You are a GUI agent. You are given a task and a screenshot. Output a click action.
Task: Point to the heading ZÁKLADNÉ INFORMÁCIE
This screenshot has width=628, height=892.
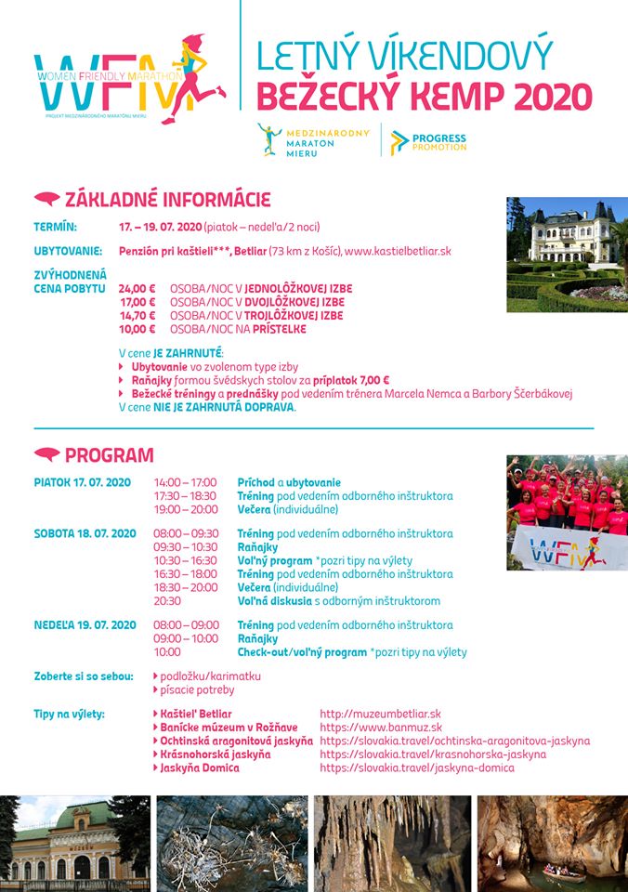point(167,199)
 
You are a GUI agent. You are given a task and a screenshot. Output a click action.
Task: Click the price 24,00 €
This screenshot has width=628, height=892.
point(137,288)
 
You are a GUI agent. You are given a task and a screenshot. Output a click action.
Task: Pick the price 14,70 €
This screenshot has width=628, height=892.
point(137,315)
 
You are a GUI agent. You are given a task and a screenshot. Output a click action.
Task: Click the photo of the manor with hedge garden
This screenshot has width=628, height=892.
point(566,254)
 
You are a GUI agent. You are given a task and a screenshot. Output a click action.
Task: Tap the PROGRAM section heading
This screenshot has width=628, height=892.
point(109,455)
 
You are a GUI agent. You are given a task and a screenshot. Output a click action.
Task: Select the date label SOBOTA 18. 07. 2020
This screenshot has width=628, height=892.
point(85,533)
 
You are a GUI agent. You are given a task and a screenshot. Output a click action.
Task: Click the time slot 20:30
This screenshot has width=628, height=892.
point(167,601)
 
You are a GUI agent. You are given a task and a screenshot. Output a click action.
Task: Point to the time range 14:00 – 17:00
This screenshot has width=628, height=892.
point(185,482)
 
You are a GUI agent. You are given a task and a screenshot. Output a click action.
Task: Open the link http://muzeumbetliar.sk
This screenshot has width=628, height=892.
point(380,714)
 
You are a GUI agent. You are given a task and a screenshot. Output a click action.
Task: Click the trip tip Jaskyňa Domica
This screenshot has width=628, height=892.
point(199,767)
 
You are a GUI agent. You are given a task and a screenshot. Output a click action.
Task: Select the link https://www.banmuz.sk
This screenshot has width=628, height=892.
point(381,727)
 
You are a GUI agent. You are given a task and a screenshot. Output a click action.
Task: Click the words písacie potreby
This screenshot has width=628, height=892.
point(197,689)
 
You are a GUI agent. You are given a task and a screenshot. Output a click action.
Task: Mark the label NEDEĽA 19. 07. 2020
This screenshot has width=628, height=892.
point(85,625)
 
